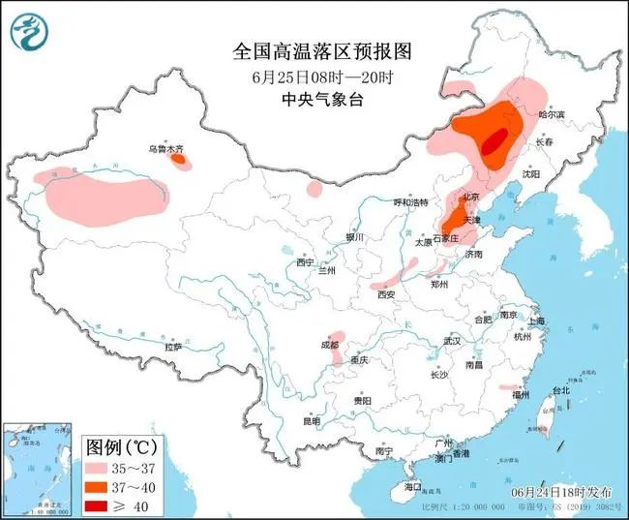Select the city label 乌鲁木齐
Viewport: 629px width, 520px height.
(x=165, y=149)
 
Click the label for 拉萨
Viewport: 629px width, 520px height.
(x=173, y=346)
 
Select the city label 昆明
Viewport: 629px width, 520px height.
(x=311, y=421)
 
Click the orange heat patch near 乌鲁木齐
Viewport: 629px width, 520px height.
(x=179, y=161)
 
